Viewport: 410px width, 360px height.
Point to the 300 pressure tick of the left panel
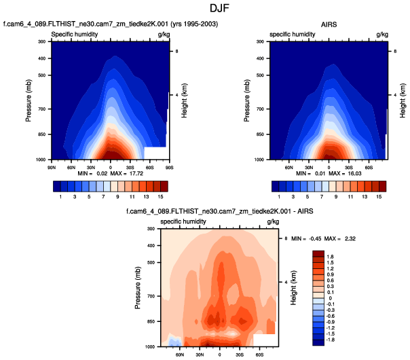tap(41, 42)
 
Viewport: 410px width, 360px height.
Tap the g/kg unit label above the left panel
tap(164, 33)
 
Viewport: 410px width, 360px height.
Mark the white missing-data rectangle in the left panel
tap(155, 152)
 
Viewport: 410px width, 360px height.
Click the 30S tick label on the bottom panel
tap(240, 354)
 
